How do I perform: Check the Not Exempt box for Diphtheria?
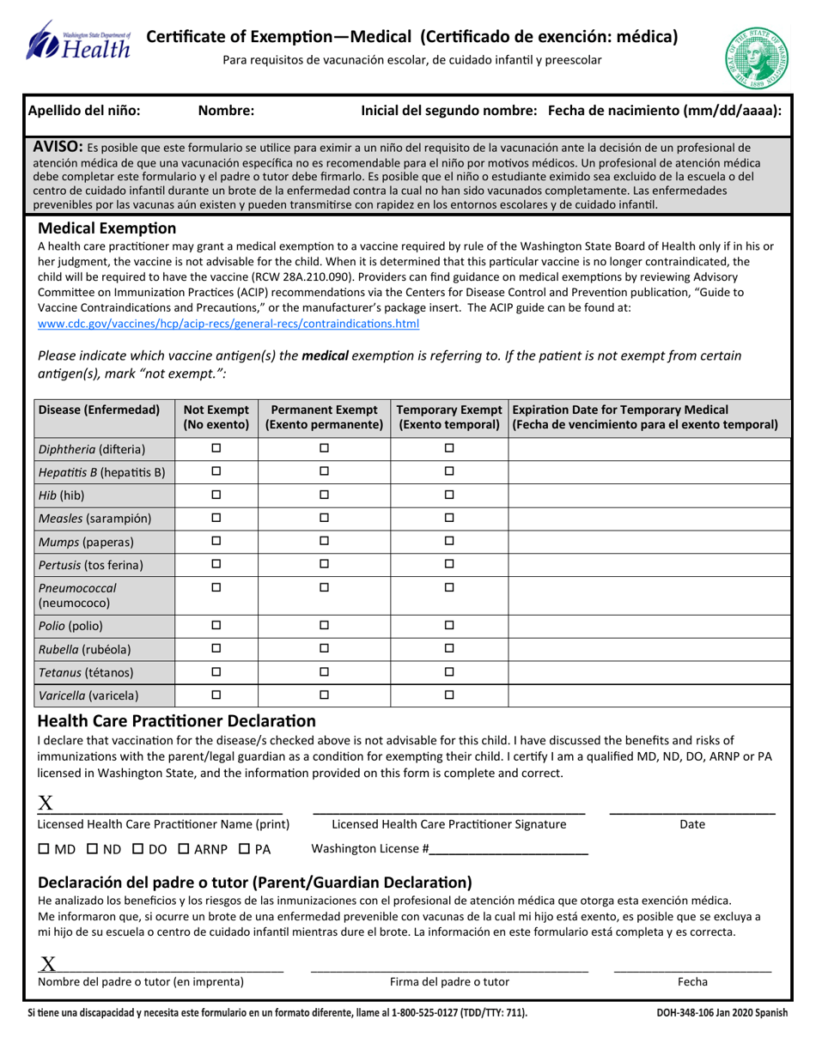(x=216, y=448)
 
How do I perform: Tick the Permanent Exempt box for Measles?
(x=325, y=518)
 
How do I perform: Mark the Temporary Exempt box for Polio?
(x=449, y=625)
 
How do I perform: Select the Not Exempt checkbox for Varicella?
(x=216, y=695)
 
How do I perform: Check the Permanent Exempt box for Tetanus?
(x=325, y=671)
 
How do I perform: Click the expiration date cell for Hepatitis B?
(x=649, y=471)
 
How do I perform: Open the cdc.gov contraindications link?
(x=229, y=324)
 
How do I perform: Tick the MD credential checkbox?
(x=45, y=850)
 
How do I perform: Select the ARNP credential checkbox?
(x=184, y=850)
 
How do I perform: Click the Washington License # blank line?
(x=508, y=850)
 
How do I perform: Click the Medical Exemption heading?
(x=107, y=228)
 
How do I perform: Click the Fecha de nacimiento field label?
(x=664, y=110)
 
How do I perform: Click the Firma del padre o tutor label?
(x=449, y=981)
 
